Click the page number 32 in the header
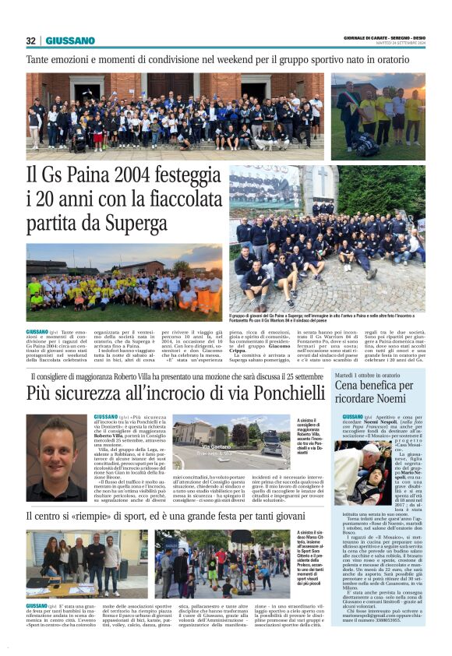coord(31,41)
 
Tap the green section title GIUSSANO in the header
coord(70,41)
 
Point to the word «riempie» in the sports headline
coord(115,516)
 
